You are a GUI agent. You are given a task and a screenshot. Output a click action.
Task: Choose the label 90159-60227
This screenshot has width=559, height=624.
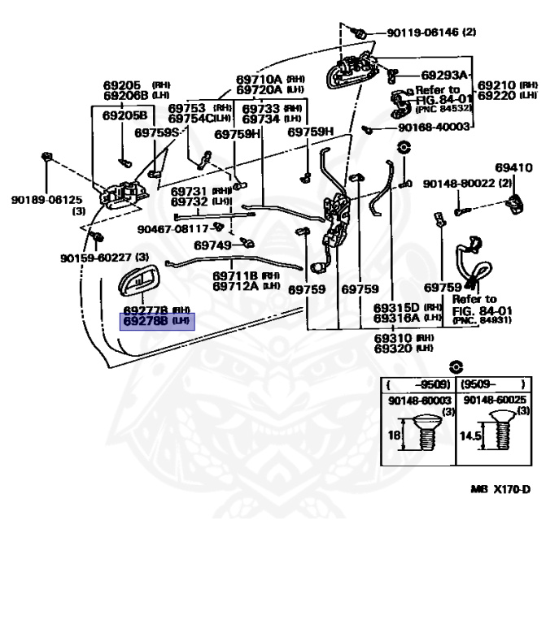coord(96,258)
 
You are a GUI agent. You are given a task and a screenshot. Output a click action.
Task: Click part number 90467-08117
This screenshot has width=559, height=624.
coord(173,228)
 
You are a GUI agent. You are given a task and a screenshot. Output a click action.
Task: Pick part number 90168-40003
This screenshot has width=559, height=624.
coord(435,128)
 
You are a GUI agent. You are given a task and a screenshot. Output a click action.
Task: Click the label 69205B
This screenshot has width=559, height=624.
coord(125,115)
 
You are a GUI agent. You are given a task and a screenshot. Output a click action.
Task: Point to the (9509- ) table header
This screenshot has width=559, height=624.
coord(492,383)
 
